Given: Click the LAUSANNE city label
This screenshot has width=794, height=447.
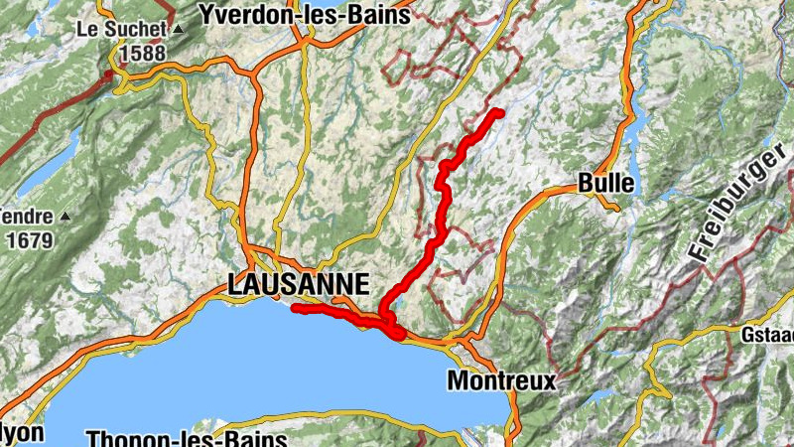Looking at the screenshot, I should (298, 284).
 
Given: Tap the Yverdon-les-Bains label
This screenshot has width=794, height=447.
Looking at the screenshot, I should (305, 15).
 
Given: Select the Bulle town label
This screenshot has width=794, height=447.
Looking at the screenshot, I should (606, 184).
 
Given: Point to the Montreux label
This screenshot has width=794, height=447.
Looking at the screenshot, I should (501, 379).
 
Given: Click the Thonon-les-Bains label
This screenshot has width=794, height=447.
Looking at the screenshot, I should (187, 438).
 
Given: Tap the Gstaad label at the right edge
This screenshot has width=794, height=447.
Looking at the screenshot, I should (767, 335).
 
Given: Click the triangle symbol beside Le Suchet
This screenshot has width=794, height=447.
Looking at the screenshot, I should (178, 30).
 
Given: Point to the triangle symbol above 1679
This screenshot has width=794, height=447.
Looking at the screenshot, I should (66, 215).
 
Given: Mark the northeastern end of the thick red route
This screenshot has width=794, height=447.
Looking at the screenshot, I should (498, 112).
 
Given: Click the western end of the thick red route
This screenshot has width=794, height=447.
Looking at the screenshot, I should (295, 309).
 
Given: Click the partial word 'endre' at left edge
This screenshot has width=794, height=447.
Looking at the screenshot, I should (24, 215).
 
